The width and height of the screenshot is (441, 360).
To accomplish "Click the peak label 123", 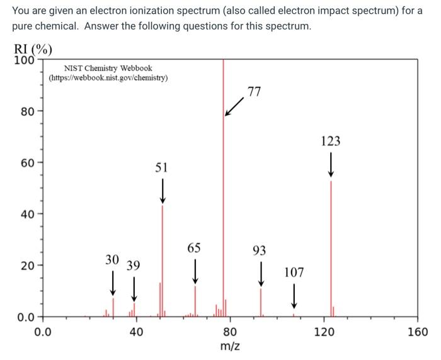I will [x=331, y=141].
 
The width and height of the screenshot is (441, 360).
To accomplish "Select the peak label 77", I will [x=254, y=92].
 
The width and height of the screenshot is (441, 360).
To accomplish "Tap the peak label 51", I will [x=162, y=167].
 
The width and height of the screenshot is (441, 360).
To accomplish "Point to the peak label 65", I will [x=195, y=247].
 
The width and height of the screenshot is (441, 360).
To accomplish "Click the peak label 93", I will [x=260, y=250].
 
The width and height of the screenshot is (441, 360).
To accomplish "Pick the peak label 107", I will [x=294, y=273].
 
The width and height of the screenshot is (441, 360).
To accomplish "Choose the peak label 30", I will [x=112, y=259].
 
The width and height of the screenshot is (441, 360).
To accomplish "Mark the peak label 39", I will [x=133, y=265].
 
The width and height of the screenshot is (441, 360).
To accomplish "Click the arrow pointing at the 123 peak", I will [x=331, y=166].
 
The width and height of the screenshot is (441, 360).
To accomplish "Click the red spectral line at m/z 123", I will [x=331, y=252].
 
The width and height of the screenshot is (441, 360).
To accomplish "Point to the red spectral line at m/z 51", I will [x=163, y=264].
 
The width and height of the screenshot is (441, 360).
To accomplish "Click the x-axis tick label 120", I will [x=324, y=332].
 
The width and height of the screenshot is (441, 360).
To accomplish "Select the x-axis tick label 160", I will [x=418, y=332].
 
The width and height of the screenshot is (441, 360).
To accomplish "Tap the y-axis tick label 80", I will [x=27, y=112].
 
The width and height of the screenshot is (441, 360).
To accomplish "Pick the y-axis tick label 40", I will [x=27, y=214].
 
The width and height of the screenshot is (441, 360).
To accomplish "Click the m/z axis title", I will [x=230, y=347].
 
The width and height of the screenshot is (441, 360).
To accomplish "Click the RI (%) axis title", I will [x=33, y=50].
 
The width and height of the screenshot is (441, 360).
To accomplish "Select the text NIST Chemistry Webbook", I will [x=108, y=68].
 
